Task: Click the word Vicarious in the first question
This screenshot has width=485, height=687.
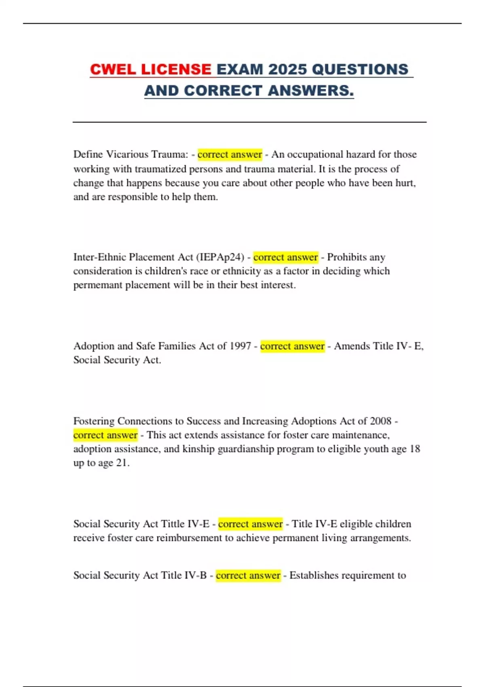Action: (129, 154)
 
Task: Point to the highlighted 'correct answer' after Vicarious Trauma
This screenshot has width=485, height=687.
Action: (230, 154)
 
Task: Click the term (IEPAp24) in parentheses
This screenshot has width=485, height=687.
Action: (220, 257)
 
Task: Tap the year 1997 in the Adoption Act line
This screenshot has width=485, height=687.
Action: (240, 346)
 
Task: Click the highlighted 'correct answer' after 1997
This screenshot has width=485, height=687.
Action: (292, 346)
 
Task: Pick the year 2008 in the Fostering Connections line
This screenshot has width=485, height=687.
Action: (380, 421)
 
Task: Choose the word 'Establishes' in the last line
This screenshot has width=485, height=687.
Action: (315, 575)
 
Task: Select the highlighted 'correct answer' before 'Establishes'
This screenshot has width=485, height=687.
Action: (248, 575)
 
